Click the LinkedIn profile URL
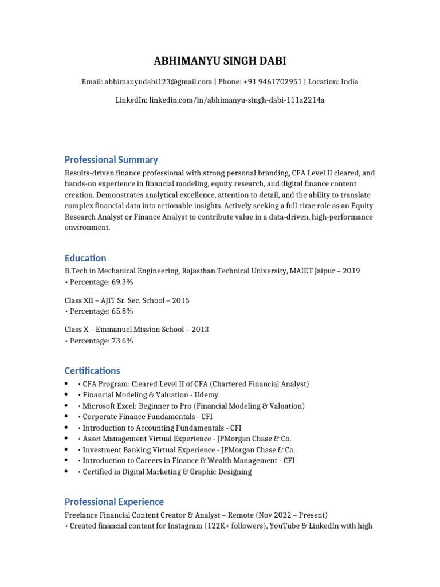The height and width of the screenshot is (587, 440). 237,100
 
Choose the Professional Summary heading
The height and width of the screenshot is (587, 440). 111,160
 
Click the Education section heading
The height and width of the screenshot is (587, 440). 85,259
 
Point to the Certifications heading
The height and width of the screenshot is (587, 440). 92,371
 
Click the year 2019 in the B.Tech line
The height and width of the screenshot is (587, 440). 351,271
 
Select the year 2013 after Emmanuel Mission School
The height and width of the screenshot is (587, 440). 199,330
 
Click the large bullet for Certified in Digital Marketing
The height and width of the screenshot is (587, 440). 68,472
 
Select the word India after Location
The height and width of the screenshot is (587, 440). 349,82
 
